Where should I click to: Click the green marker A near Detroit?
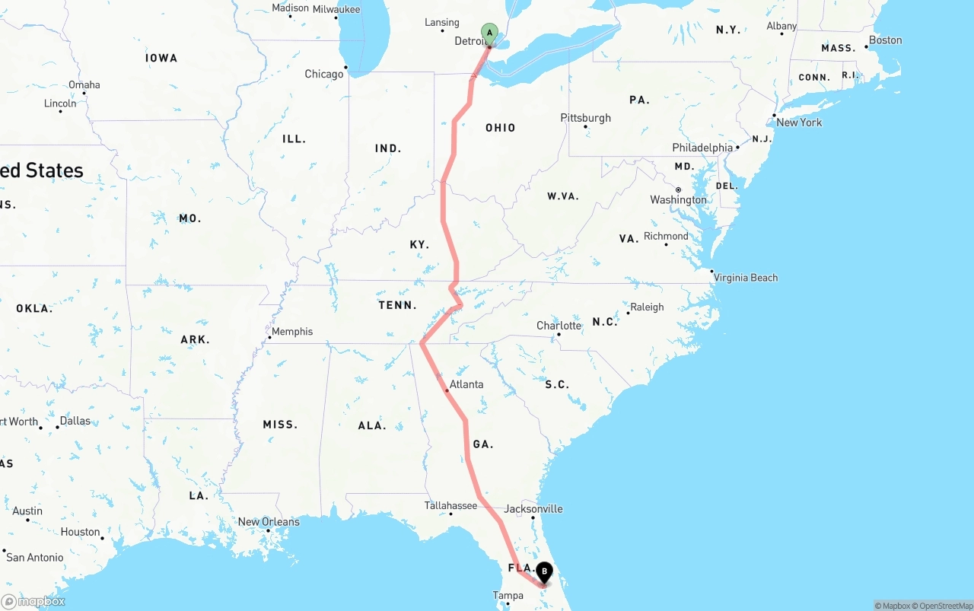[x=489, y=33]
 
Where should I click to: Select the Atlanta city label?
[x=466, y=384]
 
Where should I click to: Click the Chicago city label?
[x=324, y=74]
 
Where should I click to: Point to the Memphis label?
[x=292, y=332]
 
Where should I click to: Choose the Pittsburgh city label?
[x=586, y=118]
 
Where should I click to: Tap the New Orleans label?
[x=269, y=522]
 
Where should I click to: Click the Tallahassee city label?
[x=450, y=505]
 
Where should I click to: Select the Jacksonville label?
[x=533, y=508]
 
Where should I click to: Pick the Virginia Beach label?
[x=746, y=278]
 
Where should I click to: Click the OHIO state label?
[x=501, y=128]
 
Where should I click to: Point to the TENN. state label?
[x=398, y=305]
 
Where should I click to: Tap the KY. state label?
[x=419, y=244]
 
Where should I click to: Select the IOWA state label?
[x=161, y=58]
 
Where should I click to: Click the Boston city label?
[x=885, y=40]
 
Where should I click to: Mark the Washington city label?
[x=678, y=200]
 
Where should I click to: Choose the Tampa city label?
[x=508, y=596]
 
